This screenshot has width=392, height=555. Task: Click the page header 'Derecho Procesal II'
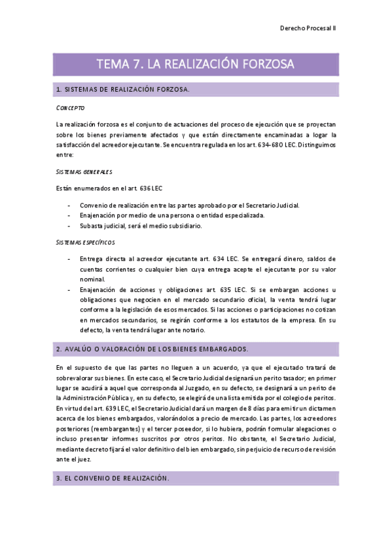coord(308,28)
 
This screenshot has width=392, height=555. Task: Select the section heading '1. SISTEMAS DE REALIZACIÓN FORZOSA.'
coord(123,90)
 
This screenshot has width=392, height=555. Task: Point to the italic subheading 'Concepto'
coord(70,107)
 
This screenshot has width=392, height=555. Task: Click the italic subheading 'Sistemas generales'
coord(84,171)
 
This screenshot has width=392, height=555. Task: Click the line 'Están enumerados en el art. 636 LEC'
coord(109,188)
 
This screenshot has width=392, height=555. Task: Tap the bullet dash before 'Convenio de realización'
coord(70,205)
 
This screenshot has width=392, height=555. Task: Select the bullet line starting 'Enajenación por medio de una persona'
coord(181,215)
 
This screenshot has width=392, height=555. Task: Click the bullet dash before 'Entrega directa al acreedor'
coord(70,259)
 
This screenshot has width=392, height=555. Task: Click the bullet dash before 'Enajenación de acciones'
coord(70,290)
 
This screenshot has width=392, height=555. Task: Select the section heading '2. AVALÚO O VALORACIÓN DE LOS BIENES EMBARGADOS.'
coord(152,349)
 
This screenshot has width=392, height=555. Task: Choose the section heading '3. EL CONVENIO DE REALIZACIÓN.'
coord(112,461)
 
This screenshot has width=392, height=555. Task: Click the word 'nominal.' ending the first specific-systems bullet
coord(92,279)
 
